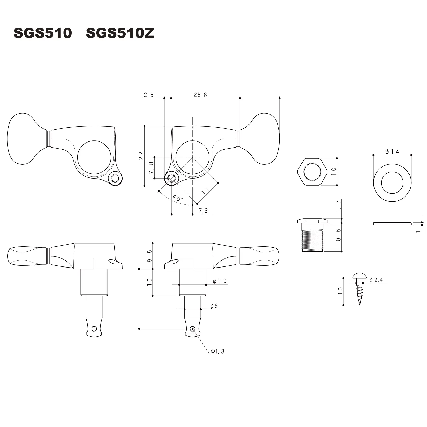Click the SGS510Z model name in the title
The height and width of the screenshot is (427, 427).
pyautogui.click(x=120, y=33)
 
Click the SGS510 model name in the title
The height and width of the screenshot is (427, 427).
pyautogui.click(x=43, y=33)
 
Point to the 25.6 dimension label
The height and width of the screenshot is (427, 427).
pyautogui.click(x=200, y=95)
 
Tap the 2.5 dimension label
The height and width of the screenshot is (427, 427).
pyautogui.click(x=149, y=95)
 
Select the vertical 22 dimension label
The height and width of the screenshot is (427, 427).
pyautogui.click(x=141, y=155)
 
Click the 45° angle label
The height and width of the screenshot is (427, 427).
pyautogui.click(x=178, y=198)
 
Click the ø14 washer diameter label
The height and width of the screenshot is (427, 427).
pyautogui.click(x=392, y=152)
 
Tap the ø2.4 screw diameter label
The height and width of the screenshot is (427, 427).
pyautogui.click(x=376, y=280)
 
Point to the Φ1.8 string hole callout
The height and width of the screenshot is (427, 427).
pyautogui.click(x=218, y=351)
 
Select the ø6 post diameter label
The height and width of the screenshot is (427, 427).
pyautogui.click(x=214, y=306)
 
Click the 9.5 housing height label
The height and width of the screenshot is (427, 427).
pyautogui.click(x=149, y=256)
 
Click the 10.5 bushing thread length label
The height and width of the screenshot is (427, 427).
pyautogui.click(x=338, y=237)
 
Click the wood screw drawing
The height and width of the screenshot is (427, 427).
pyautogui.click(x=360, y=289)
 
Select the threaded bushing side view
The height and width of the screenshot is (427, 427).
pyautogui.click(x=312, y=235)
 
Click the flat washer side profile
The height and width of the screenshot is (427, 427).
pyautogui.click(x=392, y=224)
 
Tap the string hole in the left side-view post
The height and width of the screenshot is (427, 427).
pyautogui.click(x=94, y=329)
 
